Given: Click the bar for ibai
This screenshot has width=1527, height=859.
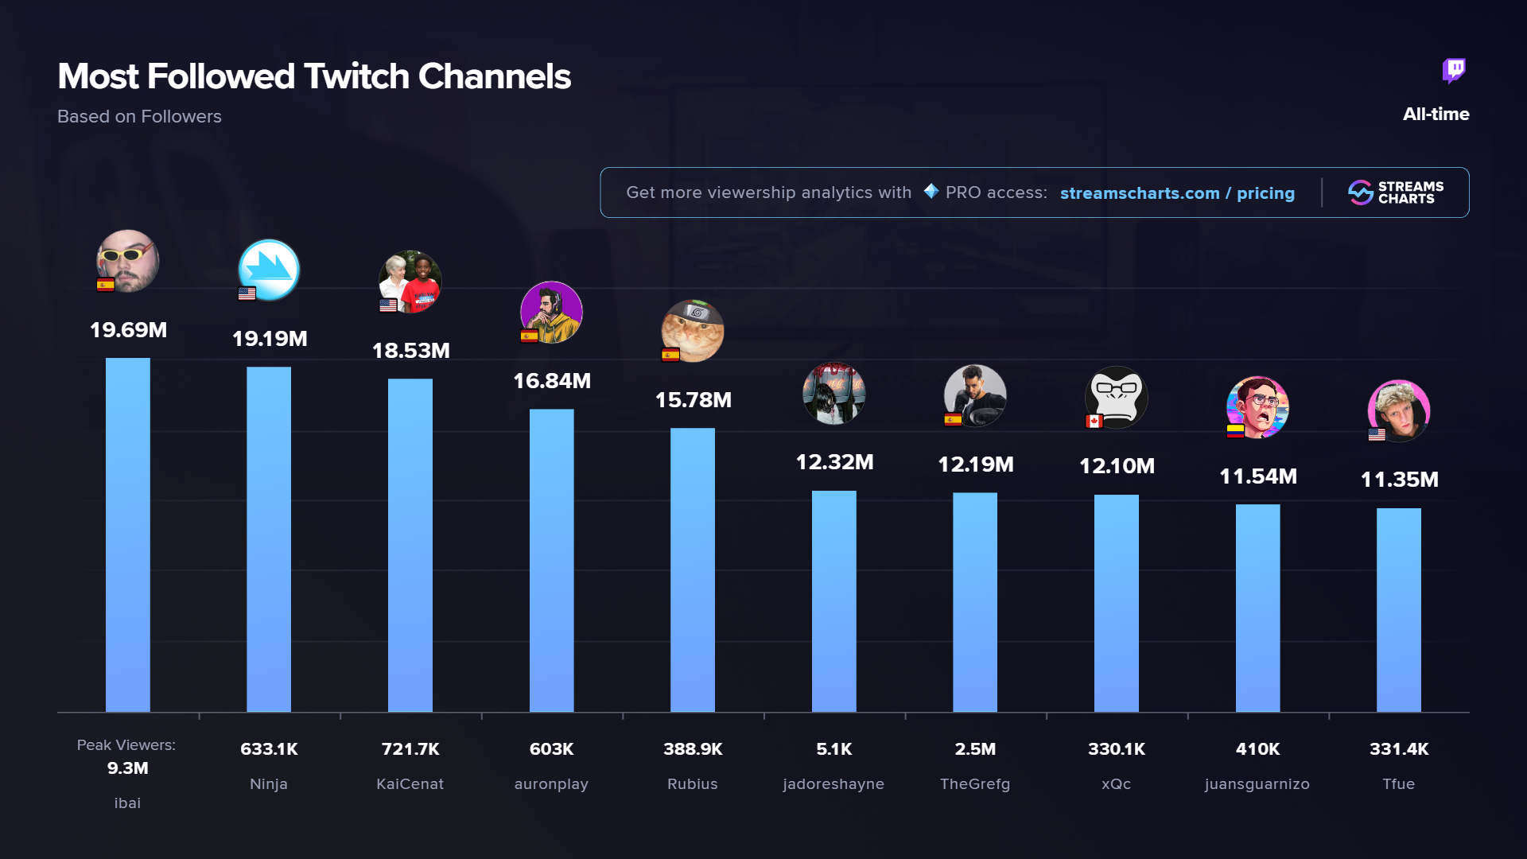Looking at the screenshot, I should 127,534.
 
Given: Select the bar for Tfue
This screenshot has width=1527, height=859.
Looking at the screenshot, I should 1398,609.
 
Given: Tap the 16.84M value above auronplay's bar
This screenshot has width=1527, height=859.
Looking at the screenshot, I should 552,381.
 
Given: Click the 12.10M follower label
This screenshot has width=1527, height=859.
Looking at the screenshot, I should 1117,466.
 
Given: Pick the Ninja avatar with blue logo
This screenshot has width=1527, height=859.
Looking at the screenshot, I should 269,270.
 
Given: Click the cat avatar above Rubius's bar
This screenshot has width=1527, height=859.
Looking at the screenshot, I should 693,331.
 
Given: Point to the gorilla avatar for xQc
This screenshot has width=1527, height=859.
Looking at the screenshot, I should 1117,396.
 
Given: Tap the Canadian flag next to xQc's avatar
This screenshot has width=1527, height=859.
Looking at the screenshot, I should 1094,422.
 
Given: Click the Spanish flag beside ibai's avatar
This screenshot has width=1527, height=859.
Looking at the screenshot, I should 105,285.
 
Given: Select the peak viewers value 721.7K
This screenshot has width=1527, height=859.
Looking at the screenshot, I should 410,749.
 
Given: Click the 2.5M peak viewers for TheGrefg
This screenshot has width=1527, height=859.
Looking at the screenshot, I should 975,749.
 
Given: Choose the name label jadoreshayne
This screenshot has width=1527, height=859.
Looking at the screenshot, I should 833,784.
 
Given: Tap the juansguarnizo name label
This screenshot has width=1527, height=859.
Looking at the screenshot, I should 1257,784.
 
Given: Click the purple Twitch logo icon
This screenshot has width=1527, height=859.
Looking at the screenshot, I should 1454,71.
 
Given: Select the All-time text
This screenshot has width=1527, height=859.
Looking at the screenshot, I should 1436,115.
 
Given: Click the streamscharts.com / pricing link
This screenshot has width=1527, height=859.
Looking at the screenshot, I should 1177,193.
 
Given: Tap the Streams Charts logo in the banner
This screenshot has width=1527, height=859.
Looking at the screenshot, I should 1396,192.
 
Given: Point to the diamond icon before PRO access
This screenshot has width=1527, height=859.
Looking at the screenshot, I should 931,191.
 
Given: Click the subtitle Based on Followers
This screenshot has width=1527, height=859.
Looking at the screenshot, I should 139,117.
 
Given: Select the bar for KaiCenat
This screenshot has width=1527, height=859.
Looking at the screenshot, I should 410,545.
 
